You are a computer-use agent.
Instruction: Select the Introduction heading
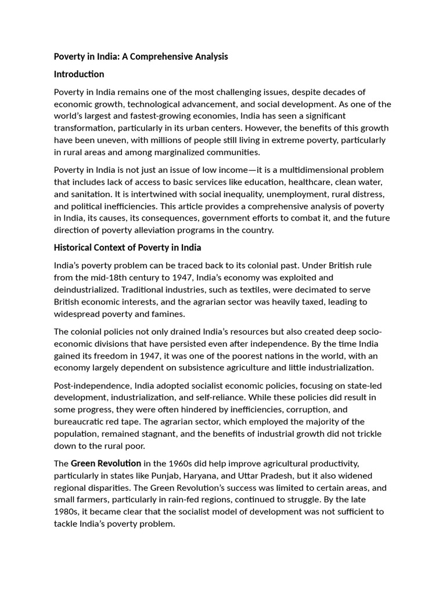pyautogui.click(x=79, y=74)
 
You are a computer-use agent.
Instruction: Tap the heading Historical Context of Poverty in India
pyautogui.click(x=127, y=247)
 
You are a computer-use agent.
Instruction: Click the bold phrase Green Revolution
pyautogui.click(x=106, y=463)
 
